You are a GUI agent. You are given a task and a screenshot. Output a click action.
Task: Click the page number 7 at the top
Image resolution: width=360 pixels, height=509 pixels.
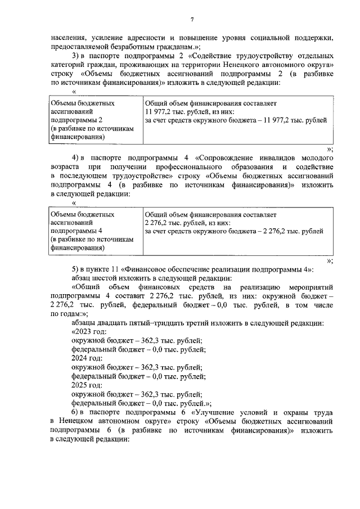coord(191,20)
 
